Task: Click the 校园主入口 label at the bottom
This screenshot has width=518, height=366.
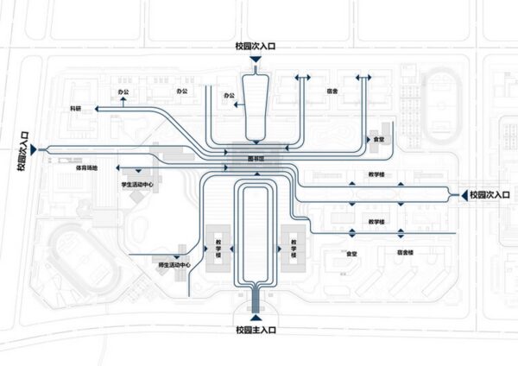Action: [x=258, y=330]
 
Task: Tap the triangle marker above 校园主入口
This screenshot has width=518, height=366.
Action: [x=258, y=317]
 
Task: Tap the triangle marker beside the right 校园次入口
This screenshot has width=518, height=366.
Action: [x=461, y=193]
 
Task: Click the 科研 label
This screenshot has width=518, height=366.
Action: [x=77, y=108]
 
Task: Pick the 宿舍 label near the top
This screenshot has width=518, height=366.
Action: [x=332, y=90]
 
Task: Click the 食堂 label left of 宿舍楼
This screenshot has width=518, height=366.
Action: [x=351, y=253]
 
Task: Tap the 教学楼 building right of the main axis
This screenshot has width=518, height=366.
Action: [x=293, y=249]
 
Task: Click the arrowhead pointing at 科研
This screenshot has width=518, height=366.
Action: [x=98, y=108]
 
